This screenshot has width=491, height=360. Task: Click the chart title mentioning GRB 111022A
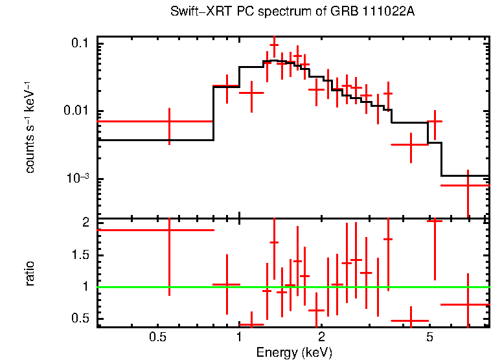click(291, 12)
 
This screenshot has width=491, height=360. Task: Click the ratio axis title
click(30, 273)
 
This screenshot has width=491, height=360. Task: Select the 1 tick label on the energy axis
click(239, 338)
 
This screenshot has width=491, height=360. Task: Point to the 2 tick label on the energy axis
click(321, 338)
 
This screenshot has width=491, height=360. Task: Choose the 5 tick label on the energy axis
click(429, 338)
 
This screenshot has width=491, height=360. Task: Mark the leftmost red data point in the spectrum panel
click(169, 121)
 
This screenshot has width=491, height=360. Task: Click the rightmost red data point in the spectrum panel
click(468, 185)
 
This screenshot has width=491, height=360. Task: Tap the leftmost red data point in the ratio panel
click(169, 230)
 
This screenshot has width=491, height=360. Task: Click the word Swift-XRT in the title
click(194, 12)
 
